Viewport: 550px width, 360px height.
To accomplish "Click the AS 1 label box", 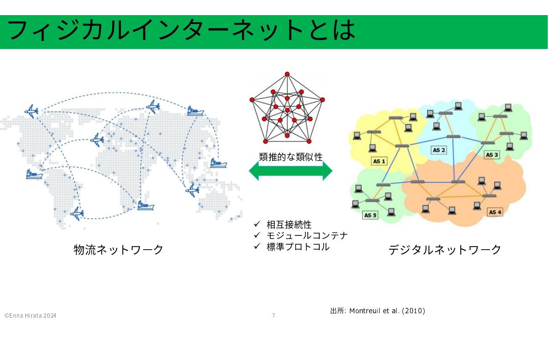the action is click(x=379, y=161).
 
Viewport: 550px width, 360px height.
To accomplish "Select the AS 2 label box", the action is click(x=439, y=150).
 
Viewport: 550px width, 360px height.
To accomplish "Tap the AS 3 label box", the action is click(x=492, y=154).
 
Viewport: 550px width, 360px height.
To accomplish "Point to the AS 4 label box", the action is click(x=495, y=212).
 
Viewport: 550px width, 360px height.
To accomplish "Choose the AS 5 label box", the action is click(x=370, y=215).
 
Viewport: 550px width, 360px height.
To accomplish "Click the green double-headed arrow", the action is click(x=291, y=171).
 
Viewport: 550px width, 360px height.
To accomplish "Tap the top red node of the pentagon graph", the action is click(x=287, y=74).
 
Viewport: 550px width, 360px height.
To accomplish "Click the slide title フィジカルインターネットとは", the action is click(x=181, y=30).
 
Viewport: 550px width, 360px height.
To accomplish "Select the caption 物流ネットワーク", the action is click(x=118, y=250).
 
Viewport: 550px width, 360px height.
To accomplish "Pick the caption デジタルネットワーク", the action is click(x=445, y=250).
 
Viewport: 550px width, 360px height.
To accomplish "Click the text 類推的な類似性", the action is click(x=291, y=157).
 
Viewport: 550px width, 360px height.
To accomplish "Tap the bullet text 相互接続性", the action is click(x=289, y=225).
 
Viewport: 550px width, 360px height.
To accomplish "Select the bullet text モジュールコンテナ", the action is click(x=307, y=235).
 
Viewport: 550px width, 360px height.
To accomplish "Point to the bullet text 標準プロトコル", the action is click(x=298, y=247).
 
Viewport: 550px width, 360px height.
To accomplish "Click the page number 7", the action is click(x=273, y=315).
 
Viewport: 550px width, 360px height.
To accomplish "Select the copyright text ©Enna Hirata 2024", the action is click(x=30, y=316).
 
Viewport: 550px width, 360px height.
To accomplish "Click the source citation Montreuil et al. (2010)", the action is click(x=387, y=311).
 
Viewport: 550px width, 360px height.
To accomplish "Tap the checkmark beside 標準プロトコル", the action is click(x=257, y=246).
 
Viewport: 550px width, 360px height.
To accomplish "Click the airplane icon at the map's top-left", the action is click(x=32, y=111).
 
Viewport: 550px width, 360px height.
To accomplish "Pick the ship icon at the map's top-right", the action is click(x=195, y=111).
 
